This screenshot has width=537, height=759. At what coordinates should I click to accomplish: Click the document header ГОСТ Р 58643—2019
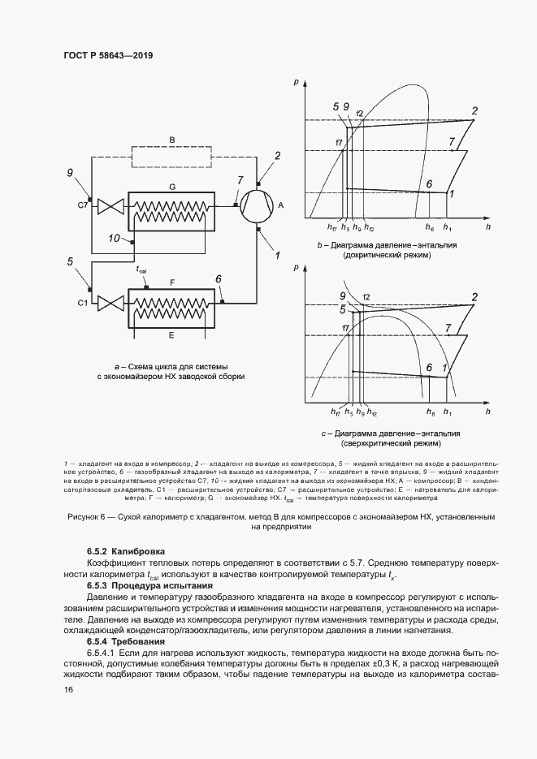point(108,56)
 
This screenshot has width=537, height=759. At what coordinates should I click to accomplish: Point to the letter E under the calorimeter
point(171,334)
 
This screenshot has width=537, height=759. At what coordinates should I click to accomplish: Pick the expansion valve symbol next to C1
point(108,302)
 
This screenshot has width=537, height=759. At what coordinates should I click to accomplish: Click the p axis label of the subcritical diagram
point(297,82)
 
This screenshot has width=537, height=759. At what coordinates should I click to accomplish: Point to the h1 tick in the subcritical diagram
point(448,230)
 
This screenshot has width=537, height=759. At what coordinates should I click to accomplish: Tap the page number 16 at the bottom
point(69,689)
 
